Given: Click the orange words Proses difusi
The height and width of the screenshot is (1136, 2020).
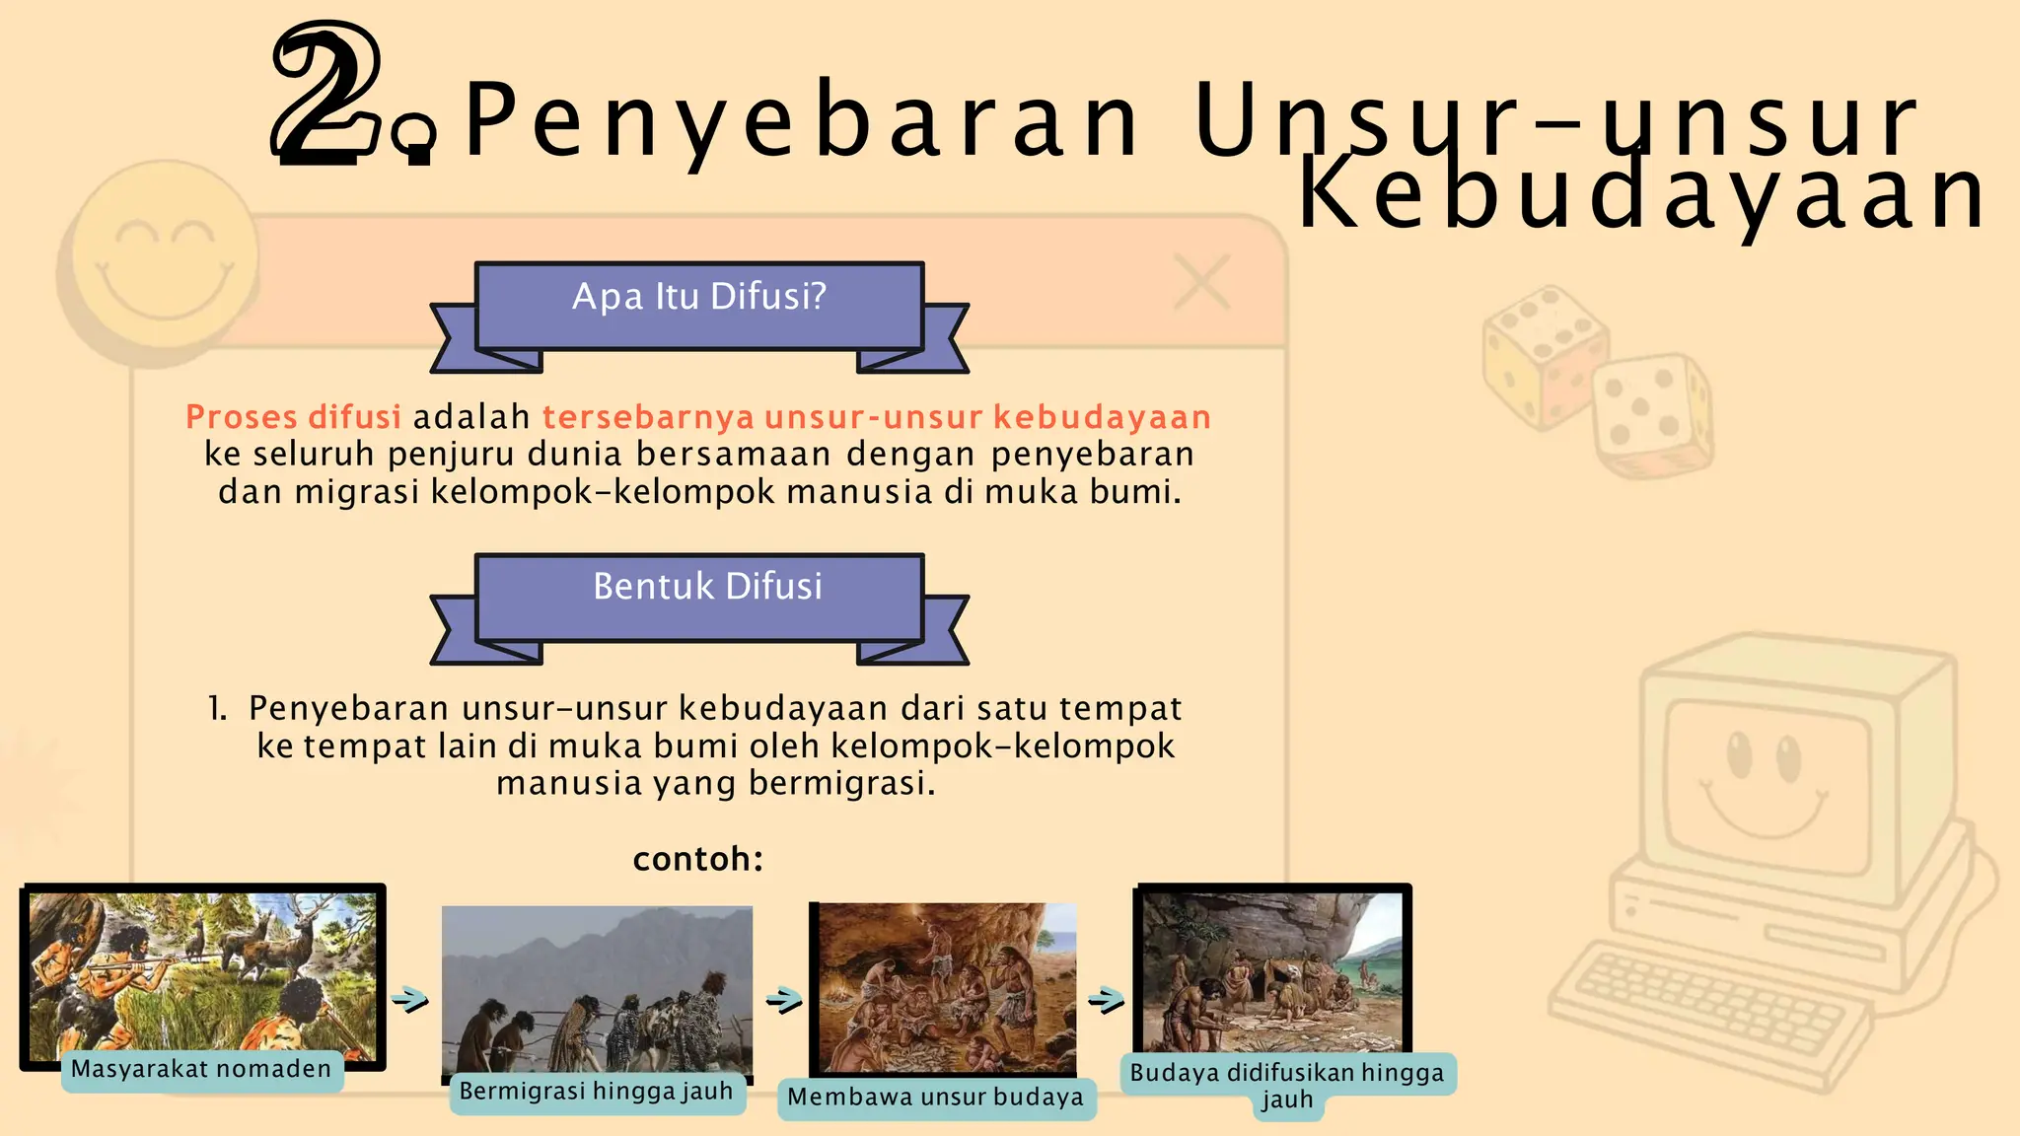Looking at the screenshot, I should click(x=293, y=417).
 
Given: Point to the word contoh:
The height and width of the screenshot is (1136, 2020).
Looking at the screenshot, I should click(x=698, y=860).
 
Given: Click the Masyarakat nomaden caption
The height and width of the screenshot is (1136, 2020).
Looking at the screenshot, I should click(x=201, y=1070).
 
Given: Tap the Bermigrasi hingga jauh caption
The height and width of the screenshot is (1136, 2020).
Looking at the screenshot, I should click(x=596, y=1093).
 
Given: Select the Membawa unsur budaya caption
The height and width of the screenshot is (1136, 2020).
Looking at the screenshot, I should click(x=935, y=1099).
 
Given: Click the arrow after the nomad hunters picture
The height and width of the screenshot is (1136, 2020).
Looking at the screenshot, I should click(x=410, y=1000).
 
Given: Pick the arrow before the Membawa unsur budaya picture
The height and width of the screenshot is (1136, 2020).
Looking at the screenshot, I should click(x=784, y=1000).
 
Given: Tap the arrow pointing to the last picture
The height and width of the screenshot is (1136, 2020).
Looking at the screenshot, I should click(x=1107, y=1000).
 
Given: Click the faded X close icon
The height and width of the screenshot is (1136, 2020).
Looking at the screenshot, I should click(x=1201, y=283).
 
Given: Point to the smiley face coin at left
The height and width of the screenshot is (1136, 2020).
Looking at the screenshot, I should click(x=164, y=258).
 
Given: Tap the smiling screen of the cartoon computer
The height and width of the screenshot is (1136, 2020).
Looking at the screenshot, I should click(x=1766, y=779).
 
